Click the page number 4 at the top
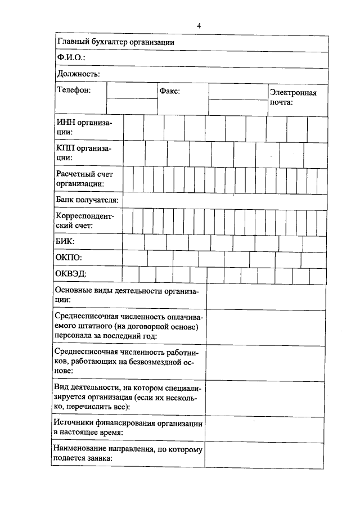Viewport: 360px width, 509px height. [x=199, y=25]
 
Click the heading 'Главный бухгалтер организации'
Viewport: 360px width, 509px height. [x=116, y=42]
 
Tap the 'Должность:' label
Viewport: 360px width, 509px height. [x=78, y=74]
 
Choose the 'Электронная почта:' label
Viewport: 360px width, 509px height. [x=293, y=98]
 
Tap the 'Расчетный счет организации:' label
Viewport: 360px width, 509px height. [x=85, y=179]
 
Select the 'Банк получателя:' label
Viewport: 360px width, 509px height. [x=87, y=200]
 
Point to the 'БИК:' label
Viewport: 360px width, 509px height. [x=65, y=241]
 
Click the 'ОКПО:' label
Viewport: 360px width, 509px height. [x=69, y=258]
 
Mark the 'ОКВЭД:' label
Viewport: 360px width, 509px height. [x=71, y=274]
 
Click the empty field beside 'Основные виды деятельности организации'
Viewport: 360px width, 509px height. [x=265, y=296]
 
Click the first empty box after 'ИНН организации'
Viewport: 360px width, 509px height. [x=133, y=127]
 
